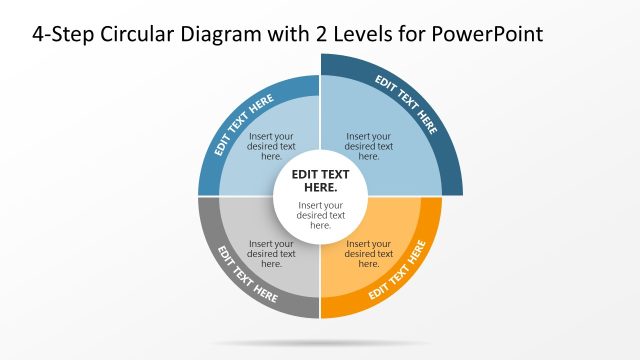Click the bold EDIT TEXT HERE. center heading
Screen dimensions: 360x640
(320, 180)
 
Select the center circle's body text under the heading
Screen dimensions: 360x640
(320, 215)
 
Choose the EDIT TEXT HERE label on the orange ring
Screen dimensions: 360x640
(405, 269)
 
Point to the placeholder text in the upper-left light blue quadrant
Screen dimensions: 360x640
(271, 146)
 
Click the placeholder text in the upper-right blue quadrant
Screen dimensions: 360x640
(369, 146)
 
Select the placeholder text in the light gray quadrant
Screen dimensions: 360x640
(271, 254)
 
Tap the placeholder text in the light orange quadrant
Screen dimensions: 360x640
(369, 254)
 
